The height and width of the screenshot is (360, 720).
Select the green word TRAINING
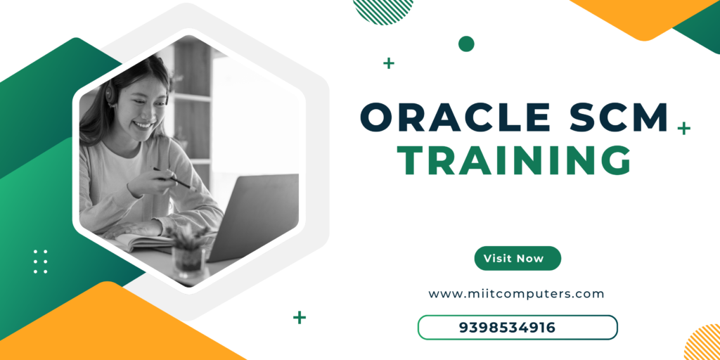[514, 160]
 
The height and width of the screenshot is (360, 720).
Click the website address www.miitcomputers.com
[516, 294]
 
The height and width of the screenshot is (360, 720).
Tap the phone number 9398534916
[507, 328]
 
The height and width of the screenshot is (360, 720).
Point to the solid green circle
[466, 44]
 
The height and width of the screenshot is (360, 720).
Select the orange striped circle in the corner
[702, 342]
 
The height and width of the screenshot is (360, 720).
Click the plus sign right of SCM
[683, 128]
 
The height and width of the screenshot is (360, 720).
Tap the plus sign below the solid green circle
[388, 63]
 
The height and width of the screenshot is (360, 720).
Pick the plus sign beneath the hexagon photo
[300, 317]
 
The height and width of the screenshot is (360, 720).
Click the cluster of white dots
[40, 262]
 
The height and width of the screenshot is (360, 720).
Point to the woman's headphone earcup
[111, 92]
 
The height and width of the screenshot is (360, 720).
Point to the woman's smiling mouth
[143, 124]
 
